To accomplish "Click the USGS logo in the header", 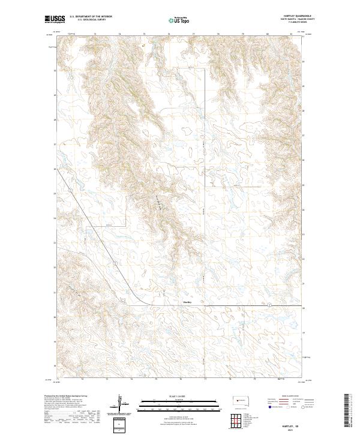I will [56, 20].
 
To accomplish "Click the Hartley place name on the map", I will [187, 302].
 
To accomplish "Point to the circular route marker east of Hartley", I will [269, 305].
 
